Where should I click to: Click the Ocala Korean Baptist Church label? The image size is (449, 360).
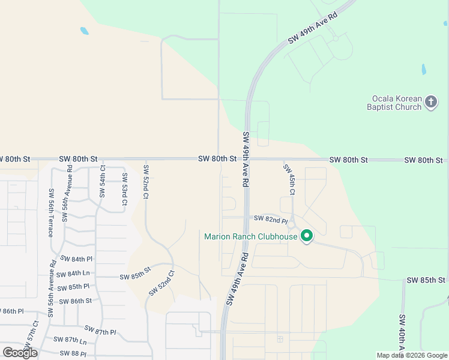(394, 103)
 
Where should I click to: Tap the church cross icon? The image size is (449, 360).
(431, 103)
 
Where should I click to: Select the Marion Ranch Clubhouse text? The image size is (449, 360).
(251, 236)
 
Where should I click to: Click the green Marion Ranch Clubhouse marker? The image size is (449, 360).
(307, 236)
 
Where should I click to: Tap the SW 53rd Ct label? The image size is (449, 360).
(124, 190)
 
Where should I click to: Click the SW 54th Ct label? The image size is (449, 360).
(103, 182)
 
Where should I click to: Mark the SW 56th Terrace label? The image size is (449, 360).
(50, 212)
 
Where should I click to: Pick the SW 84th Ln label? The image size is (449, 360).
(73, 274)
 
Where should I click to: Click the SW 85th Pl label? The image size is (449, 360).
(74, 287)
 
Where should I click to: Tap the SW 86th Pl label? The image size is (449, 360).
(12, 311)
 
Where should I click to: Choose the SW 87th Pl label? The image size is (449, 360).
(100, 331)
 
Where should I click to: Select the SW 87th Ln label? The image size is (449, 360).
(70, 341)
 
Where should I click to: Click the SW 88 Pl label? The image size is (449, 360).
(70, 353)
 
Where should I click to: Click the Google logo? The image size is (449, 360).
(20, 353)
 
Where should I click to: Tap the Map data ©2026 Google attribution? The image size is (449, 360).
(412, 355)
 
